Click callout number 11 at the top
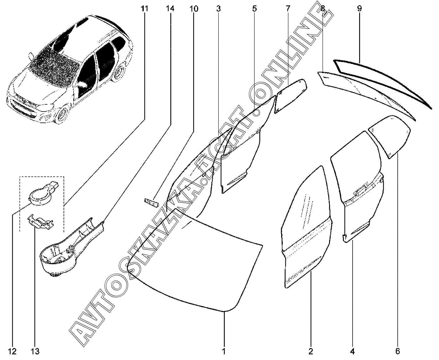(x=144, y=9)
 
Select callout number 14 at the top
(x=170, y=9)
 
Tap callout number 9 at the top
(x=359, y=9)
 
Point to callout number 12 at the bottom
(x=12, y=352)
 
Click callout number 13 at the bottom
(x=35, y=352)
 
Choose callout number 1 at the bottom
(x=224, y=352)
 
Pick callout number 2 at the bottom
(x=311, y=352)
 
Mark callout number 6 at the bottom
(x=398, y=352)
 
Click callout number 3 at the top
(x=218, y=9)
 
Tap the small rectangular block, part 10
(x=151, y=203)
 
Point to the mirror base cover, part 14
(x=71, y=248)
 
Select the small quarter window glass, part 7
(x=290, y=96)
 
